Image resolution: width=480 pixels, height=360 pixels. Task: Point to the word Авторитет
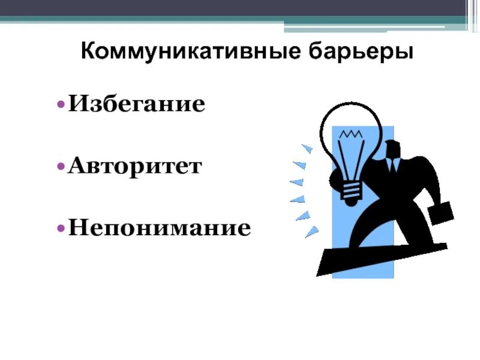coord(136,166)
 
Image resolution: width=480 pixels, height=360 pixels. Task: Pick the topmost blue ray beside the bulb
coord(307,147)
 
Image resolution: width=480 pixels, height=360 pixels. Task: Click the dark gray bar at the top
coord(240,7)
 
